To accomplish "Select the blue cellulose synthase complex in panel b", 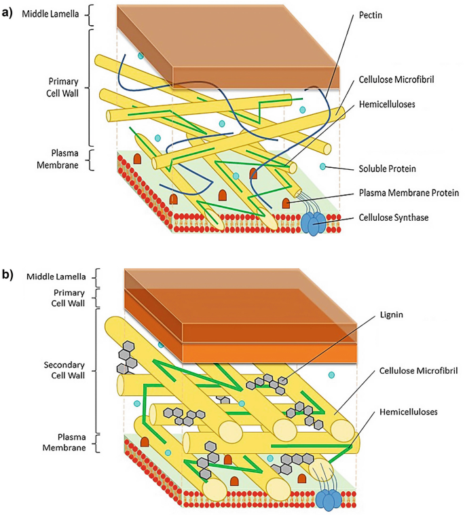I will tap(328, 499).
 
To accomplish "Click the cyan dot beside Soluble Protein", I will tap(324, 167).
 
